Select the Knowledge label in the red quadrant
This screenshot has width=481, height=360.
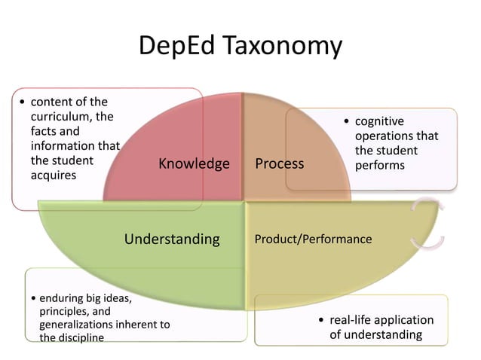click(194, 163)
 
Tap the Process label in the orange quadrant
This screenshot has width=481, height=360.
click(279, 163)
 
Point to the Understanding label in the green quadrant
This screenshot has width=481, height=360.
click(172, 239)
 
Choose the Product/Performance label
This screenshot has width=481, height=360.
click(313, 239)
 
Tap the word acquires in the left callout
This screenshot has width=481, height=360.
click(54, 175)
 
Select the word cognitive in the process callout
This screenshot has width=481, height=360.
click(379, 121)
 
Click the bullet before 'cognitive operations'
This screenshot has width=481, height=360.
click(346, 122)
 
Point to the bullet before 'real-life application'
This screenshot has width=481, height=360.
click(321, 321)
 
